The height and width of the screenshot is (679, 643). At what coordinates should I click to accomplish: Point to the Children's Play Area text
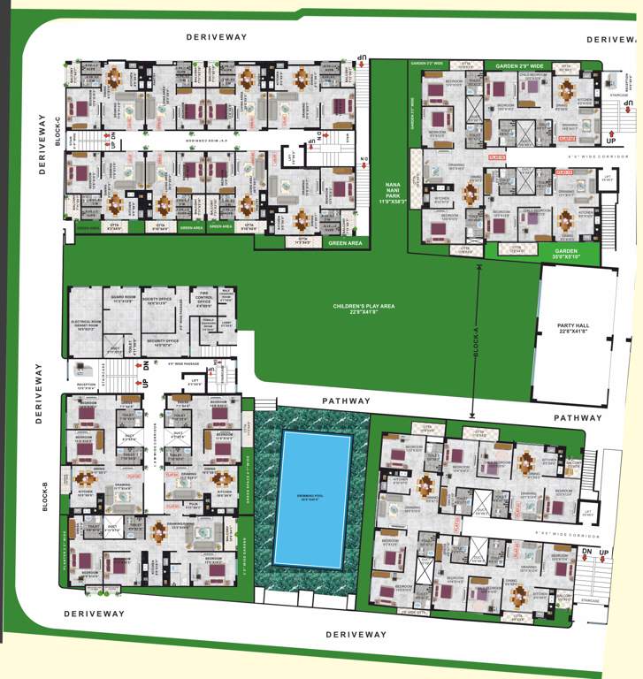[363, 308]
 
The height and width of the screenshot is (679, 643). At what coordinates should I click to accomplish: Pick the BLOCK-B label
[43, 498]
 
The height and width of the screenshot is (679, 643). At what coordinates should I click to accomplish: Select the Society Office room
[160, 301]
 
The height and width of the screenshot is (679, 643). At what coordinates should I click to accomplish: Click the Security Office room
[164, 342]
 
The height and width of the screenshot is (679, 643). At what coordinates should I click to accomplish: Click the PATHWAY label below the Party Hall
[578, 417]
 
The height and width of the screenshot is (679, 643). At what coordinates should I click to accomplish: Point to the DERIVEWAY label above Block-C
[217, 37]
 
